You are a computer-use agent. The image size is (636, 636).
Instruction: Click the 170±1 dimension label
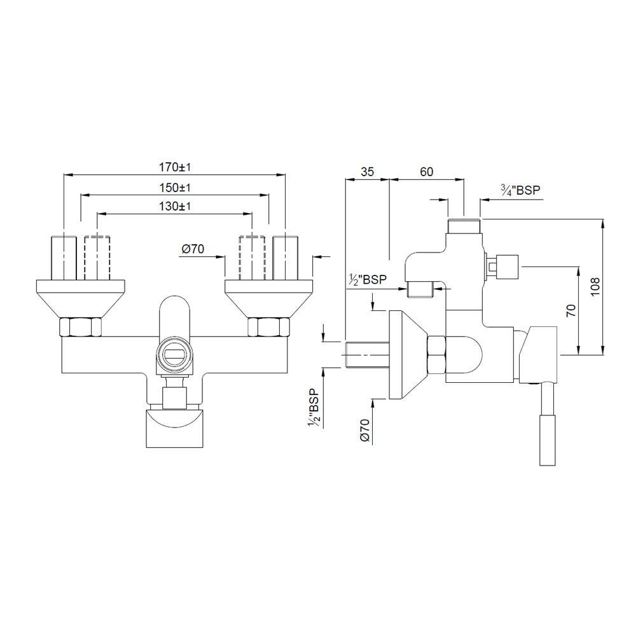(175, 167)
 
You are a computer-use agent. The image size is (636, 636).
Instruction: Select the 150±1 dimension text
(175, 188)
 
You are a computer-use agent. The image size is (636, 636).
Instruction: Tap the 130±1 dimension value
(175, 207)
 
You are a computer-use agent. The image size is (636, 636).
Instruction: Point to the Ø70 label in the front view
(193, 249)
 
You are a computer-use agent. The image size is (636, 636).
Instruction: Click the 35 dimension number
(367, 172)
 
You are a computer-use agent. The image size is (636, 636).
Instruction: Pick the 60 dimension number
(426, 172)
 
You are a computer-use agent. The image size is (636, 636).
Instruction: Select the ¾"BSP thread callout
(520, 190)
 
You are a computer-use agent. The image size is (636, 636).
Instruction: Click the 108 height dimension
(593, 286)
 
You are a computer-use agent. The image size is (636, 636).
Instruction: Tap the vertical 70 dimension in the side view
(570, 310)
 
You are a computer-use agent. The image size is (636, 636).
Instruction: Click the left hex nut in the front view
(80, 328)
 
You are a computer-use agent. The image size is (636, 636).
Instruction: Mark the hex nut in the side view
(437, 354)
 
